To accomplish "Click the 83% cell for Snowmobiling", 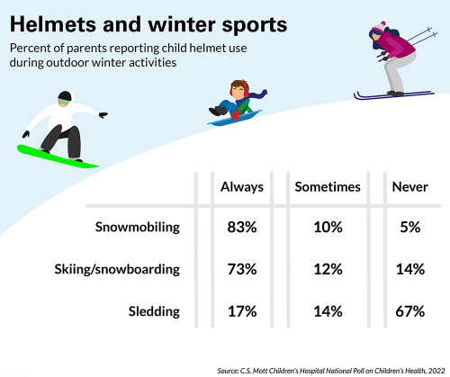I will coord(242,228).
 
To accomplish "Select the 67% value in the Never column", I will coord(409,311).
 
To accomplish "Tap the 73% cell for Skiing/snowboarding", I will coord(242,269).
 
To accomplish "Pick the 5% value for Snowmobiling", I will coord(410,228).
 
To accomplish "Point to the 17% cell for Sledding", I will coord(242,311).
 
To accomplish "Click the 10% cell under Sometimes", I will coord(328,228).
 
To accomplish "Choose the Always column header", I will coord(242,187).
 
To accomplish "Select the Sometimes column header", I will coord(328,187).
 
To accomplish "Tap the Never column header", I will coord(409,187).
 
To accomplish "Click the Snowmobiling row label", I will coord(138,228).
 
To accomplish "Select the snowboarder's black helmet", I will coord(64,95).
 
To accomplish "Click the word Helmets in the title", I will coord(54,22).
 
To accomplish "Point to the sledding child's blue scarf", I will coord(256,94).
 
